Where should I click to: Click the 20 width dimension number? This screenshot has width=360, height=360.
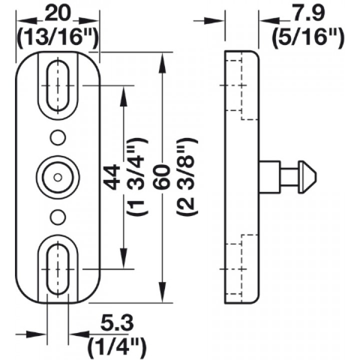57,13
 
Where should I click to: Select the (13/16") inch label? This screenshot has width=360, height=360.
57,37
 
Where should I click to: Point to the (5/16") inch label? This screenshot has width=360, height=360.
308,37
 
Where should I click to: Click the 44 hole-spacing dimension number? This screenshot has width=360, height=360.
112,177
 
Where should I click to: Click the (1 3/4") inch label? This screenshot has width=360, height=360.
137,176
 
